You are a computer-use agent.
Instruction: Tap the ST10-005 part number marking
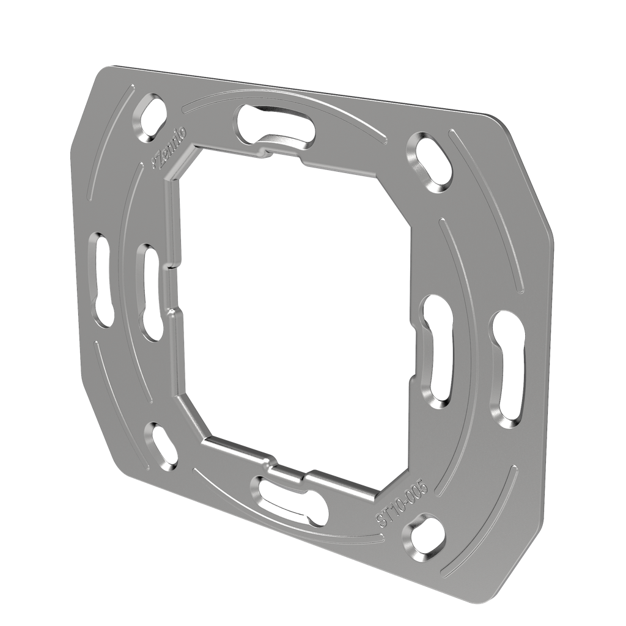click(404, 503)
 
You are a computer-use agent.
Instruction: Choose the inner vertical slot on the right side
click(438, 351)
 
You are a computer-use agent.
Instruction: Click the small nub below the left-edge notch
click(174, 313)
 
